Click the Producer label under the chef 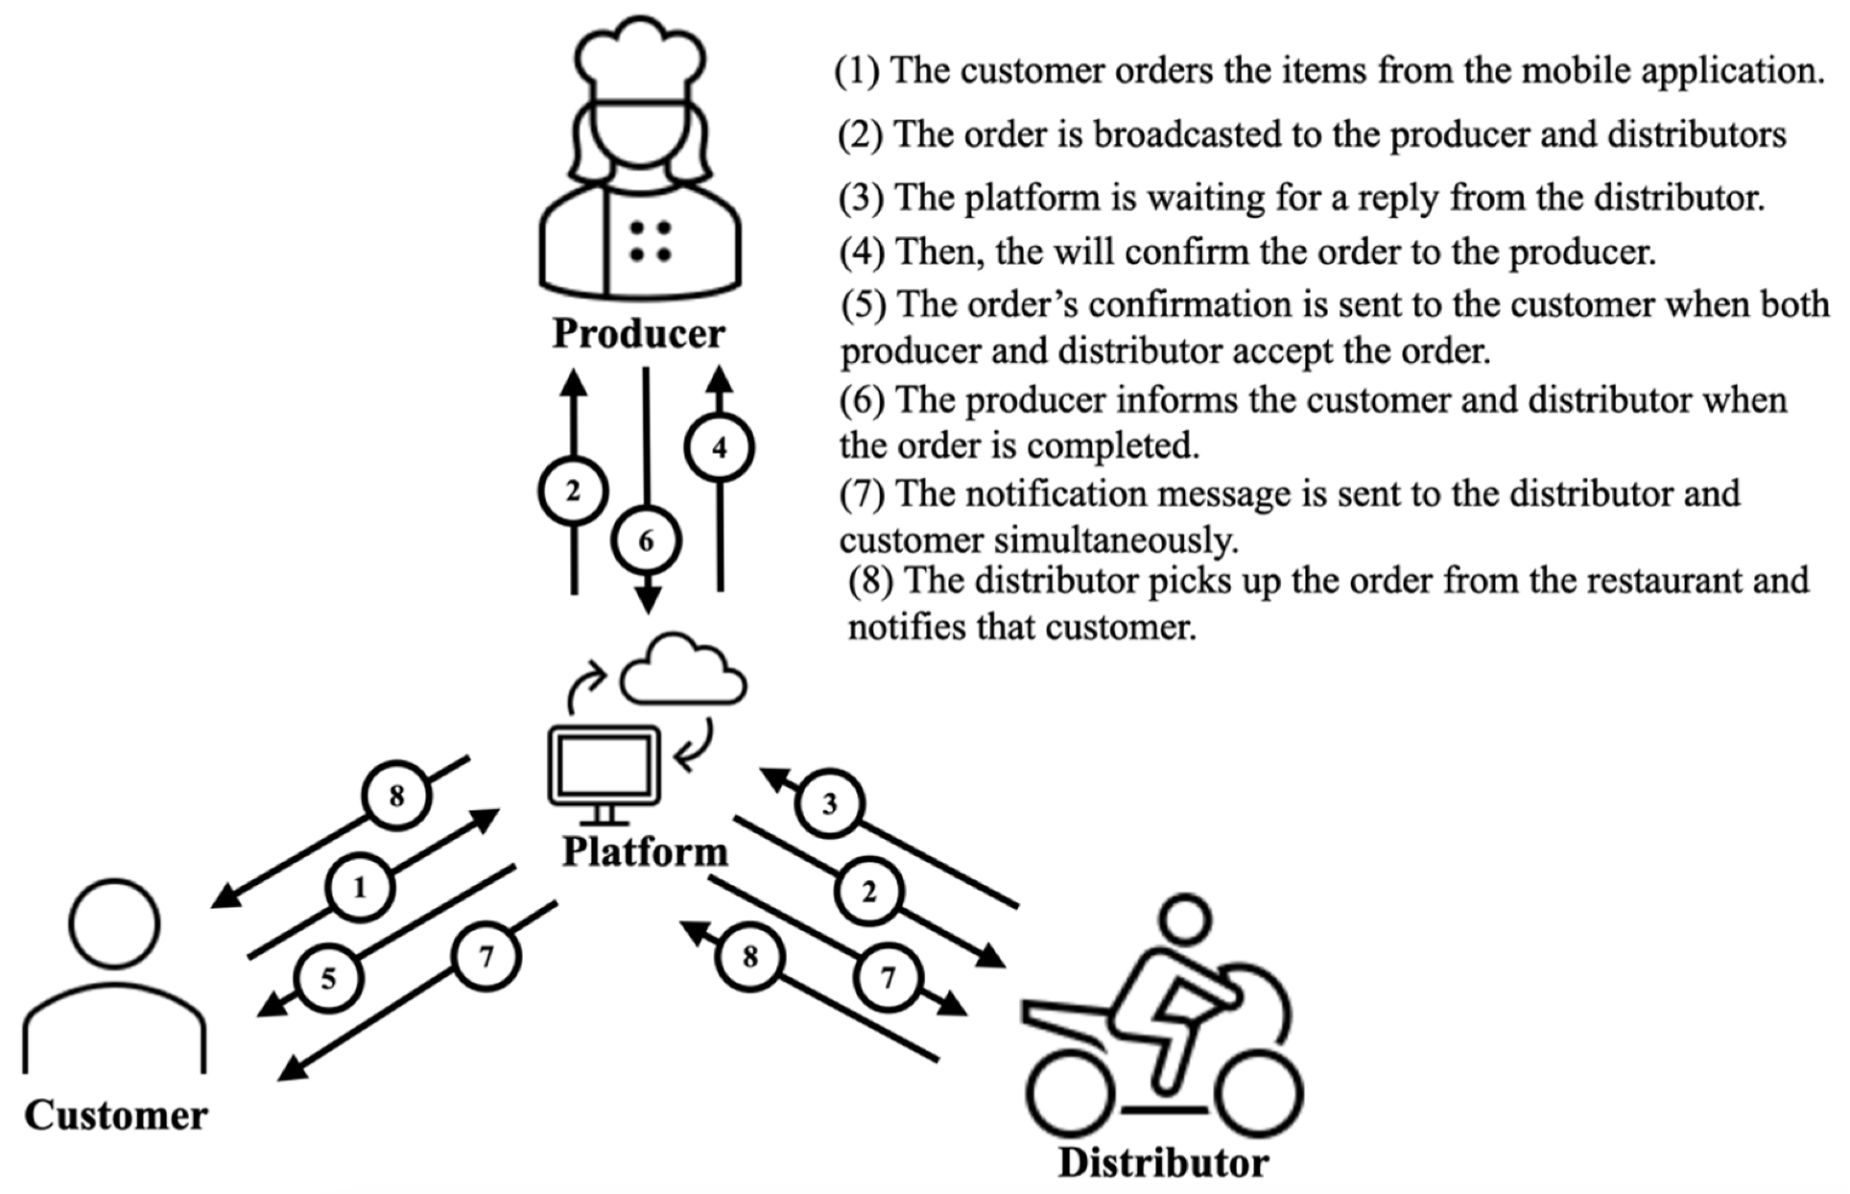pos(638,334)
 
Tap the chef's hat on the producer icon pos(640,58)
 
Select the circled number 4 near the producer pos(720,447)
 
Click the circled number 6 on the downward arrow pos(647,541)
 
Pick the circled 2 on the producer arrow pos(573,491)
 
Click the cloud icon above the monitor pos(682,670)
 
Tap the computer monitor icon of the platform pos(604,766)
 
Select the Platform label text pos(644,851)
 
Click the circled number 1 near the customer pos(360,888)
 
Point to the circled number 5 pos(328,979)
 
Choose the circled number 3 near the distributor pos(830,803)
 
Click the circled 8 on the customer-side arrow pos(396,796)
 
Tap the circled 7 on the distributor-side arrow pos(888,978)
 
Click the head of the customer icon pos(114,923)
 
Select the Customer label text pos(115,1115)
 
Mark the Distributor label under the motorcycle pos(1163,1162)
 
